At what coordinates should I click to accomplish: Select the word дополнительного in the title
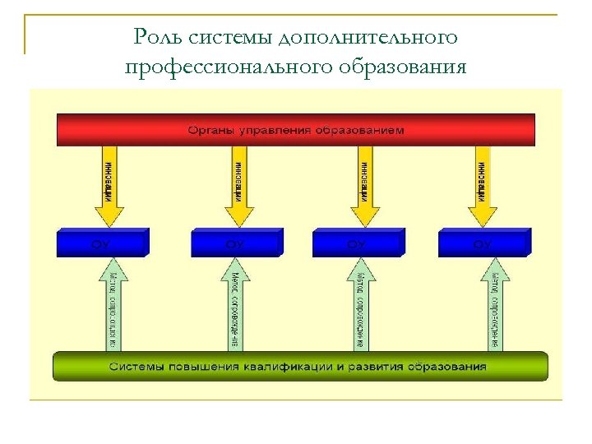[x=368, y=38]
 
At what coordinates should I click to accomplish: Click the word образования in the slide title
[x=404, y=66]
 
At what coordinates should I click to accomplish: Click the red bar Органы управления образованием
[x=296, y=130]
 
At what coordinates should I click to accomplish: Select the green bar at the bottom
[x=300, y=366]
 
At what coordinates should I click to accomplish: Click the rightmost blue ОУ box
[x=483, y=244]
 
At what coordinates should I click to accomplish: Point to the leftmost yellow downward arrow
[x=109, y=186]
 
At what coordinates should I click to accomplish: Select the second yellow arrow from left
[x=238, y=186]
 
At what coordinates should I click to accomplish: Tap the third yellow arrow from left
[x=364, y=186]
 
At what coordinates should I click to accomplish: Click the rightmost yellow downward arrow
[x=483, y=186]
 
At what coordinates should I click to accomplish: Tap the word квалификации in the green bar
[x=303, y=366]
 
